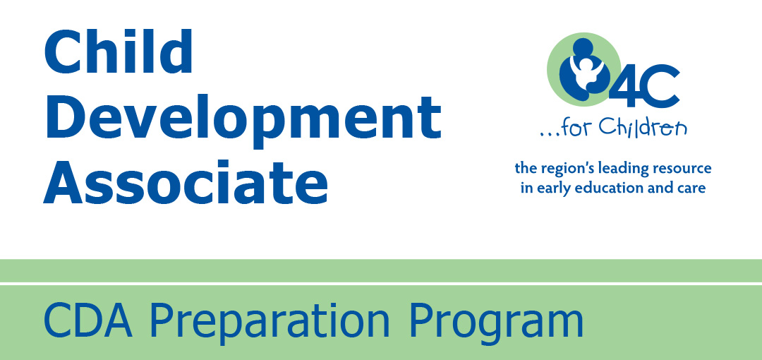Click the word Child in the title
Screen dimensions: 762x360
click(119, 51)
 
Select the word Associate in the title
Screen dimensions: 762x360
click(186, 182)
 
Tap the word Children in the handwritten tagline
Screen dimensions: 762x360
click(643, 128)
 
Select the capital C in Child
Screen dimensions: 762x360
click(64, 51)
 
